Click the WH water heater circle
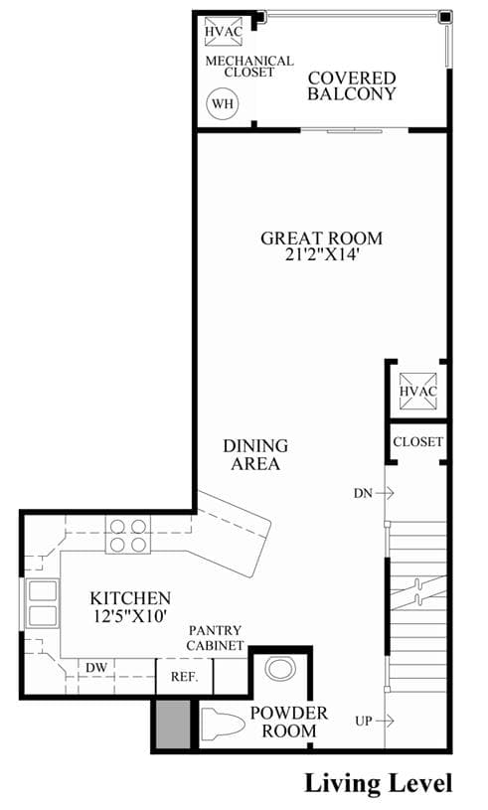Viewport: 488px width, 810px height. coord(223,103)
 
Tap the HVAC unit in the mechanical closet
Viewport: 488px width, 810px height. coord(223,32)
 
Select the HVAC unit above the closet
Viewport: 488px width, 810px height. coord(417,391)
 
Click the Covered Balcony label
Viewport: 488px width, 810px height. coord(352,85)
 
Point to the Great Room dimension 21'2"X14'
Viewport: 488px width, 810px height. coord(321,254)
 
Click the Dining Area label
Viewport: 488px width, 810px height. coord(255,454)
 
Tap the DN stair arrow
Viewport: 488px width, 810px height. coord(385,493)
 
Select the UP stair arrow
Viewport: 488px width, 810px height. coord(385,721)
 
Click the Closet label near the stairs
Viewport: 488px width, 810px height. coord(417,441)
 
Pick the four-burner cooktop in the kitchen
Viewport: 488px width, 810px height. coord(128,535)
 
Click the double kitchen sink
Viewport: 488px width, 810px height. coord(43,603)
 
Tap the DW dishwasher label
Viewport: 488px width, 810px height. coord(96,668)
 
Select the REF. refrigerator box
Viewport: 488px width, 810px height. coord(184,677)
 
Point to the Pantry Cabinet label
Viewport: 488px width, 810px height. coord(215,638)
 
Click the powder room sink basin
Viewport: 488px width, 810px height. coord(279,669)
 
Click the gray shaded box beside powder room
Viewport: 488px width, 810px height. coord(173,724)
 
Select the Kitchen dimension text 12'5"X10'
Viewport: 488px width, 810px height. coord(130,616)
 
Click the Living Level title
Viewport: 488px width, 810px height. coord(379,783)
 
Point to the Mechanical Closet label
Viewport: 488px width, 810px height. coord(249,67)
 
